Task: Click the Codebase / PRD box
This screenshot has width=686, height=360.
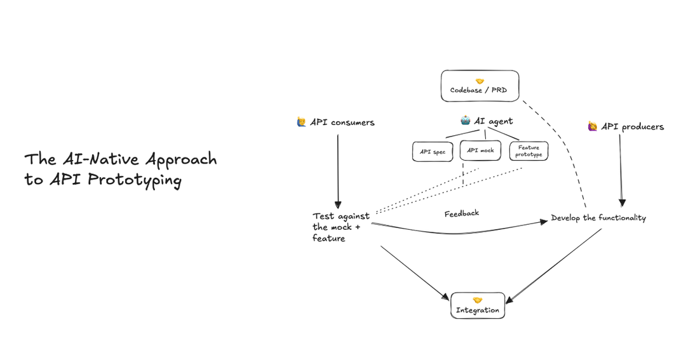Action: click(480, 86)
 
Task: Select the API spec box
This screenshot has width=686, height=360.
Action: click(433, 152)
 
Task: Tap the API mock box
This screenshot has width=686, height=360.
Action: click(481, 150)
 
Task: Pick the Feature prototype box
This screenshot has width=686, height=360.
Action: click(528, 151)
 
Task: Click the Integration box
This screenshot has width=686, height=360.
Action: click(478, 305)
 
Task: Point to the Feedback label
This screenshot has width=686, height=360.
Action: click(462, 213)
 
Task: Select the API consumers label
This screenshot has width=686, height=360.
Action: click(342, 123)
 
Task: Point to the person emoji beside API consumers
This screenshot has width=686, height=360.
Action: click(302, 122)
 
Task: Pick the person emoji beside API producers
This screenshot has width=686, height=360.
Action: click(593, 126)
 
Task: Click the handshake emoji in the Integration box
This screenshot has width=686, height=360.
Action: click(478, 300)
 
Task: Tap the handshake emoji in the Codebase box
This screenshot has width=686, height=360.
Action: click(480, 81)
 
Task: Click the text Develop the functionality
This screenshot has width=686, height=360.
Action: click(598, 218)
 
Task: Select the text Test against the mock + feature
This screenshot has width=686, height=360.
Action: click(340, 227)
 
